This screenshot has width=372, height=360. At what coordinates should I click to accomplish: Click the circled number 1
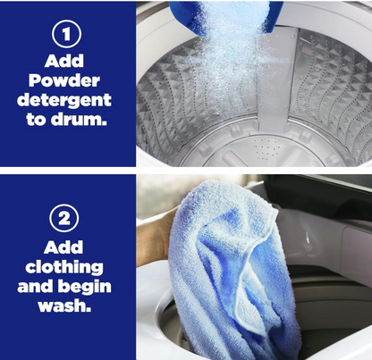66,34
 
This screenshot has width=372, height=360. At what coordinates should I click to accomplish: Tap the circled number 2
64,218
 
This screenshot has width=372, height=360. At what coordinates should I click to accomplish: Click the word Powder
64,80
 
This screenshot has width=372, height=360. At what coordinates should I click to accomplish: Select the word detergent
64,101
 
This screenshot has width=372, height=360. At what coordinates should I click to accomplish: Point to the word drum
79,119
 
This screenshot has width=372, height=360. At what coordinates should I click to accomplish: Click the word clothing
64,268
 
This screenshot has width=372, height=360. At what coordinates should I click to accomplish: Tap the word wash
64,306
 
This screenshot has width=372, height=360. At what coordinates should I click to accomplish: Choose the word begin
85,287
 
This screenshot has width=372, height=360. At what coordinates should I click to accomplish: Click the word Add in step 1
64,61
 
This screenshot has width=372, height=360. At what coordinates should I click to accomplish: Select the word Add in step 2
63,247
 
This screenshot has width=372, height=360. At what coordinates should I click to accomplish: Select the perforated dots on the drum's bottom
266,148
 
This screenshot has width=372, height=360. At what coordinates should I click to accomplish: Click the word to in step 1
36,120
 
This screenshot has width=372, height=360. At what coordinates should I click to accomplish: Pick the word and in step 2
36,287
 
